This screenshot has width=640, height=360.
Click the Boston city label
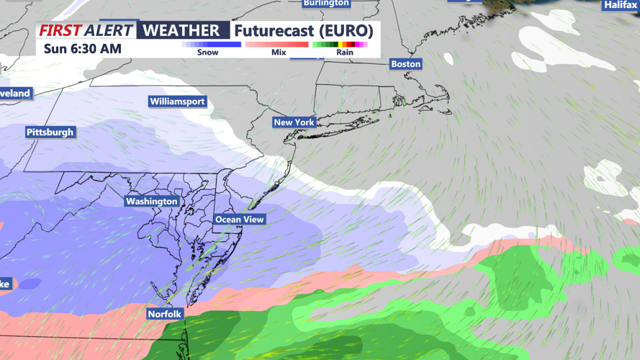pos(405,64)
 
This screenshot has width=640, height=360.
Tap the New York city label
pos(294,122)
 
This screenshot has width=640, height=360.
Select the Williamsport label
pos(177,102)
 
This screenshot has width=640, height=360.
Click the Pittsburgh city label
pos(50,132)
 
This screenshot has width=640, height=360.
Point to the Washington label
pos(151,202)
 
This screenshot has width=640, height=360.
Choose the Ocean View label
pos(240,220)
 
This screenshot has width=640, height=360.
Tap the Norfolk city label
pos(165,315)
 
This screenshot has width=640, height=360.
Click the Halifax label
pos(621,5)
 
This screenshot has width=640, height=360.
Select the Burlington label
pos(326,4)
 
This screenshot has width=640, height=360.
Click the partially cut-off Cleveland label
pos(15,94)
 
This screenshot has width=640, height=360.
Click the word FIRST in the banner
pos(59,30)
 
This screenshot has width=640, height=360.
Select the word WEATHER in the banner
pos(181,30)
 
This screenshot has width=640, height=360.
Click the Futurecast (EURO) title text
pos(303,30)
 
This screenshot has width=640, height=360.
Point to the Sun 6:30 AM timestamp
pos(83,49)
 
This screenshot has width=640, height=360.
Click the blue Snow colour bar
pos(211,45)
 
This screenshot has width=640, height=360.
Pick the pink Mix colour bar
pos(276,45)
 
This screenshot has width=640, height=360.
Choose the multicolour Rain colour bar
pos(340,45)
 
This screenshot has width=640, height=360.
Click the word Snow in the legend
pos(207,53)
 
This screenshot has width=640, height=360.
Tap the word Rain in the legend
pos(345,53)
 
